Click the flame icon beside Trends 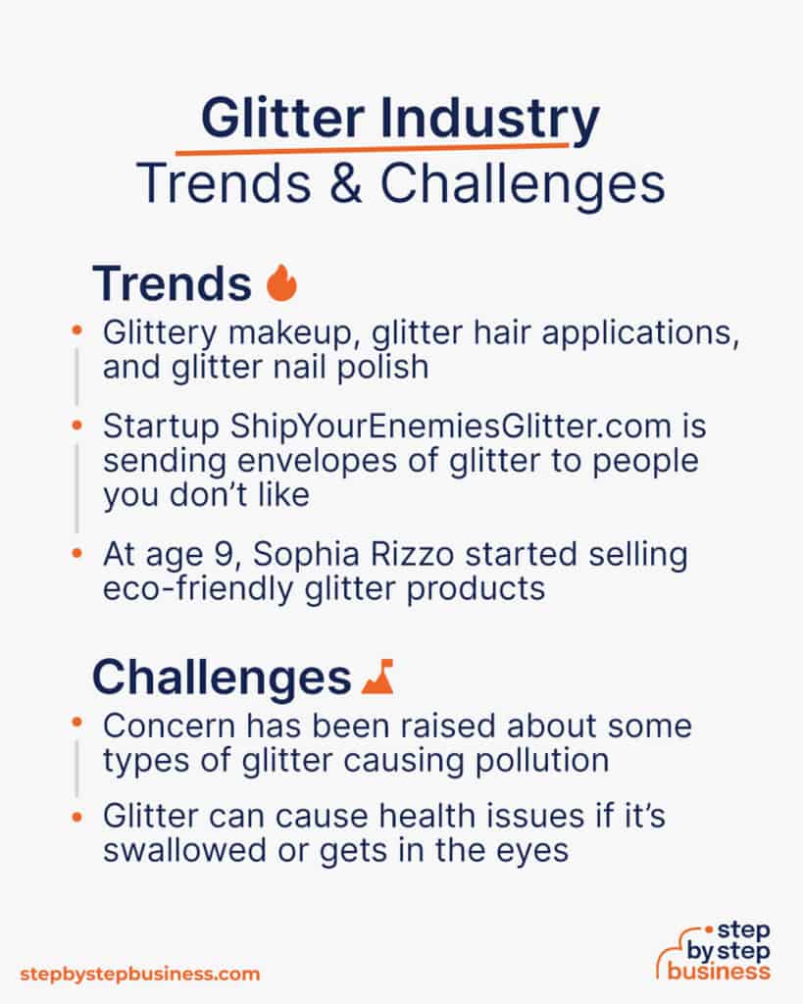pos(281,283)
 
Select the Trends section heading pos(172,283)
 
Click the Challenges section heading pos(221,678)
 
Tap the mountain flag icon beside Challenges pos(376,678)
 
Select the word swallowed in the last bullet pos(199,849)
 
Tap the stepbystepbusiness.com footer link pos(140,974)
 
